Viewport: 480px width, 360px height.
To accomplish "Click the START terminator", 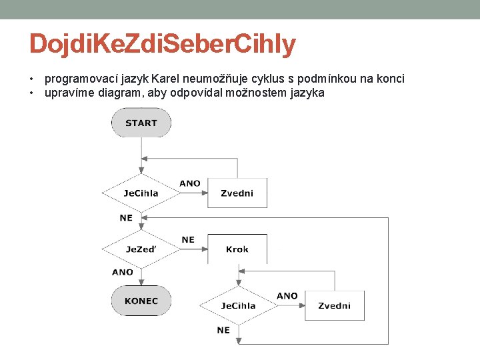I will pos(141,123).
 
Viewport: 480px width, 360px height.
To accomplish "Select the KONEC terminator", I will pos(141,301).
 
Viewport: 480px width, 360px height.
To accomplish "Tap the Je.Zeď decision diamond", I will pos(141,249).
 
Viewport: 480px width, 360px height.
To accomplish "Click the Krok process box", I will pos(237,249).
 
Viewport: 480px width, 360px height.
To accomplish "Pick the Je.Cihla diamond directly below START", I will pos(141,193).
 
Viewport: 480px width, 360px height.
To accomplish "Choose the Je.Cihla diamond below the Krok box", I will pos(238,306).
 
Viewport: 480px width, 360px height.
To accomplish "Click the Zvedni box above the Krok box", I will pos(237,193).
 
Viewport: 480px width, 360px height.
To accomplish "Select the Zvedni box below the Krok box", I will pos(335,306).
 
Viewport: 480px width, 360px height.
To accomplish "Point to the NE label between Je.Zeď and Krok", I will pos(188,240).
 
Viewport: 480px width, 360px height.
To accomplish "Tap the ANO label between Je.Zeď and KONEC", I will pos(123,272).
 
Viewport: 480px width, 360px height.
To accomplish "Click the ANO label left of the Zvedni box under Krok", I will pos(287,296).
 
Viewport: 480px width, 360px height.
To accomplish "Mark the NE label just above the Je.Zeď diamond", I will pos(126,218).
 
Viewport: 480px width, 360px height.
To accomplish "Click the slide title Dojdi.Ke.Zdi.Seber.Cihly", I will pos(162,45).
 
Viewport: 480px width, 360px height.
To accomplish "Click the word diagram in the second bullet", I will pos(118,93).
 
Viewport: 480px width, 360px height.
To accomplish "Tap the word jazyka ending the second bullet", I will pos(307,93).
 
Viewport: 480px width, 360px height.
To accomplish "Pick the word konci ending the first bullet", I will pos(389,79).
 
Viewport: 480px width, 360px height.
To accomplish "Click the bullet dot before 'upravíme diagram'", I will pos(32,93).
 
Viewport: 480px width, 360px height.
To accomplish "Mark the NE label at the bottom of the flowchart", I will pos(223,330).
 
